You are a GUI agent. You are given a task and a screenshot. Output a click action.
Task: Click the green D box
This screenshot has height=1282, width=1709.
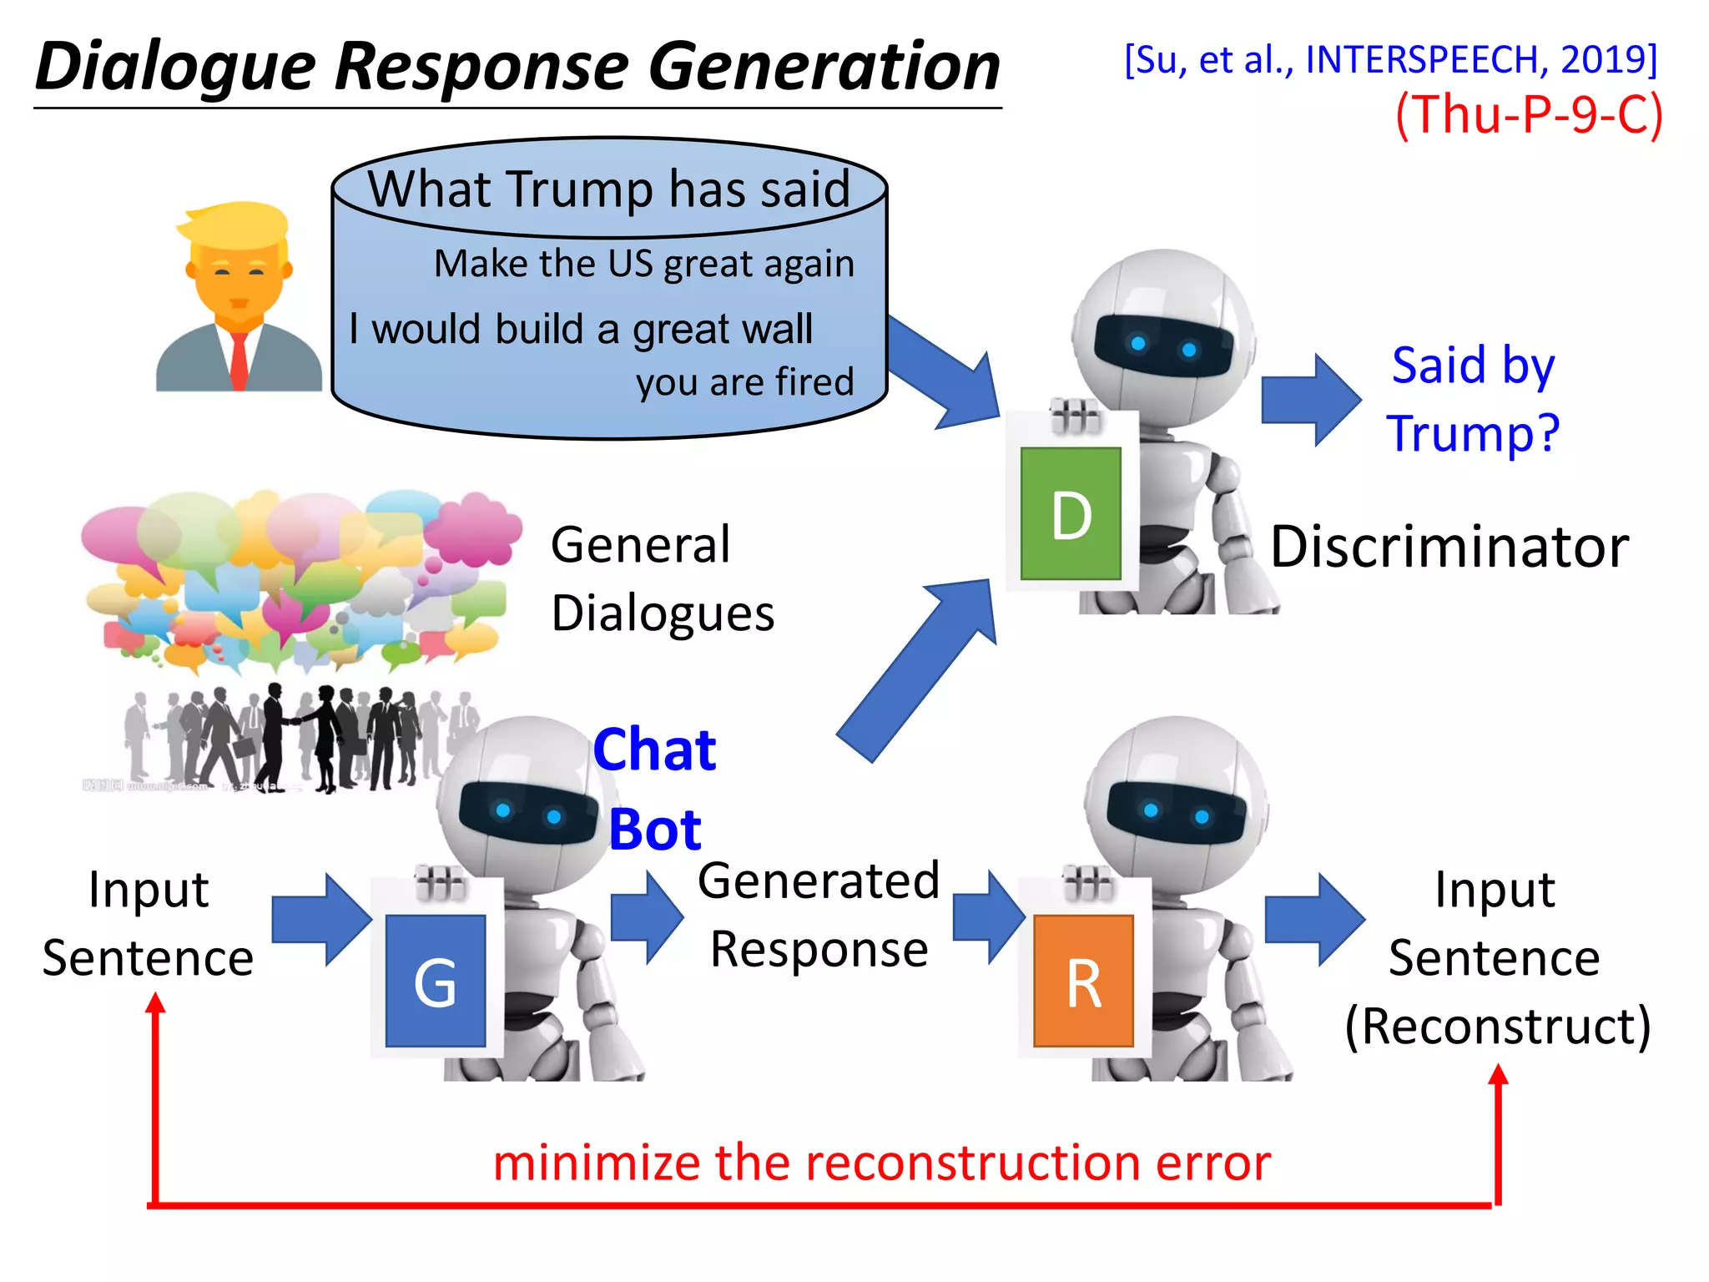pyautogui.click(x=1071, y=513)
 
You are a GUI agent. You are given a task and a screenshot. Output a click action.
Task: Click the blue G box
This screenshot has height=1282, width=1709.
pyautogui.click(x=436, y=982)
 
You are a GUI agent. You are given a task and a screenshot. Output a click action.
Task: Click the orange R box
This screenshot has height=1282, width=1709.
pyautogui.click(x=1083, y=982)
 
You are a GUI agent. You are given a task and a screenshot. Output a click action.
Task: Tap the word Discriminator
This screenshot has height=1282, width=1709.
pyautogui.click(x=1449, y=548)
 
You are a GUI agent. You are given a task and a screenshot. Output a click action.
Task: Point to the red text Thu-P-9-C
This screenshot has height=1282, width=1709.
pyautogui.click(x=1529, y=114)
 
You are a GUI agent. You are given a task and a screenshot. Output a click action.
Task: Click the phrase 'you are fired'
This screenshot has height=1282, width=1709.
pyautogui.click(x=744, y=382)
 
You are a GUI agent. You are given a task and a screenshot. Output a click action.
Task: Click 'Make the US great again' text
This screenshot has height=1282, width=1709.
pyautogui.click(x=644, y=264)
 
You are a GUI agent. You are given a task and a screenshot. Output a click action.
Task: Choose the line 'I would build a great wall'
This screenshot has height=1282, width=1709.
pyautogui.click(x=581, y=328)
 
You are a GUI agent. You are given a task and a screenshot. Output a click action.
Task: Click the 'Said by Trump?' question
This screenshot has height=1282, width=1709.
pyautogui.click(x=1474, y=399)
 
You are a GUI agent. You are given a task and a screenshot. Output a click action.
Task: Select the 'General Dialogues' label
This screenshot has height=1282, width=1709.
pyautogui.click(x=663, y=578)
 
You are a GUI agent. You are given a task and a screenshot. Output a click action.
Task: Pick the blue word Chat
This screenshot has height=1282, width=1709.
pyautogui.click(x=655, y=749)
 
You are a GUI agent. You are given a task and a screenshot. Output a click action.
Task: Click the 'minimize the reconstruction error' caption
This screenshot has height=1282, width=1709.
pyautogui.click(x=882, y=1163)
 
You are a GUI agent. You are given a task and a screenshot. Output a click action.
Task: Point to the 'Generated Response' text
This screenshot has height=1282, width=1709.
pyautogui.click(x=819, y=915)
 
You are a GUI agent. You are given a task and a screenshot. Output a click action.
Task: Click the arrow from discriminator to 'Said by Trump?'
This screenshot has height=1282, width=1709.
pyautogui.click(x=1310, y=400)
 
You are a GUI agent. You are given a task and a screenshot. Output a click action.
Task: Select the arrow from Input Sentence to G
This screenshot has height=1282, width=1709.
pyautogui.click(x=321, y=920)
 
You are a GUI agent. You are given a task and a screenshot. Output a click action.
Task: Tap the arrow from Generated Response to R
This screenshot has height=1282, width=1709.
pyautogui.click(x=988, y=917)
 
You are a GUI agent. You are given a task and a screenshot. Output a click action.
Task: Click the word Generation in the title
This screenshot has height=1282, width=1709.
pyautogui.click(x=824, y=67)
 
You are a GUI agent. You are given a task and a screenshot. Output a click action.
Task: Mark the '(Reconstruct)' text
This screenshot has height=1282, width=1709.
pyautogui.click(x=1498, y=1027)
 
